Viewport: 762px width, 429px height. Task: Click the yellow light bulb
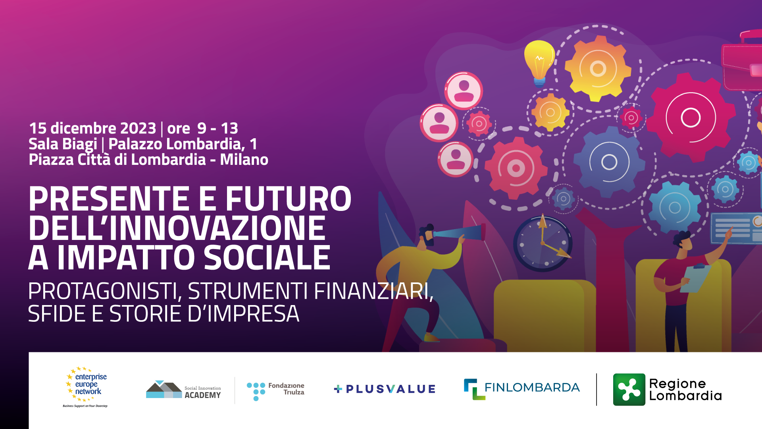tap(539, 63)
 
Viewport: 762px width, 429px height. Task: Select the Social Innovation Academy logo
tap(183, 390)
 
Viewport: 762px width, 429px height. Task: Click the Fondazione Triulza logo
tap(275, 391)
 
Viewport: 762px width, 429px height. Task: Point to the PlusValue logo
tap(385, 389)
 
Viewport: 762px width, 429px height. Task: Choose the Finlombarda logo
tap(522, 389)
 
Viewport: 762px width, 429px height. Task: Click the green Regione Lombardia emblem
tap(629, 389)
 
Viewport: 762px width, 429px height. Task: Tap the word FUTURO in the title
tap(288, 199)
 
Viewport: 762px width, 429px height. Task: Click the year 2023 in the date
tap(138, 128)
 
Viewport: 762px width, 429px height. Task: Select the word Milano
tap(244, 160)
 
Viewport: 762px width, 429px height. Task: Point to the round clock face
tap(543, 243)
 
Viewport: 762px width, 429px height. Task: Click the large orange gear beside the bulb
tap(598, 68)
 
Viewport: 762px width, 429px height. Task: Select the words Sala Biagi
tap(63, 144)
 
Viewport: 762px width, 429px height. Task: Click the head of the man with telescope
tap(427, 234)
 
